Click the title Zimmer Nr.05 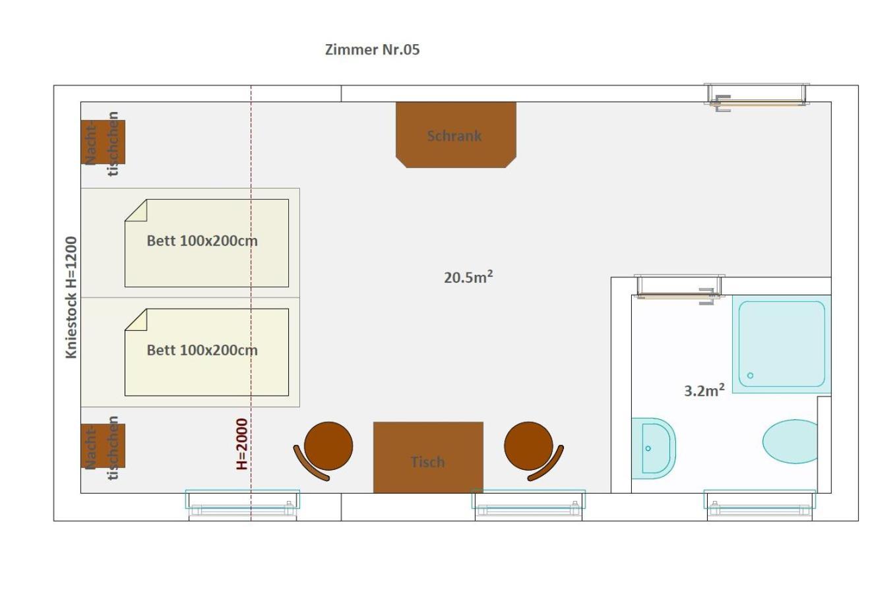pos(372,49)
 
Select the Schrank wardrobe pos(456,134)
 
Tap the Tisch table pos(428,457)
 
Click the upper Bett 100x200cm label pos(202,241)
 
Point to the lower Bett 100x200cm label pos(202,350)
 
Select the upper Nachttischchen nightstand pos(103,142)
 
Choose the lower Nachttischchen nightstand pos(103,446)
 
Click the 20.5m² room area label pos(468,277)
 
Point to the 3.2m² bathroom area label pos(704,390)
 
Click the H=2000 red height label pos(242,444)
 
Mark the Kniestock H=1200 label pos(71,297)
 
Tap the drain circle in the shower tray pos(750,376)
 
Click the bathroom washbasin pos(653,448)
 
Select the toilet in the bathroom pos(790,442)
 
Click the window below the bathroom pos(760,505)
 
